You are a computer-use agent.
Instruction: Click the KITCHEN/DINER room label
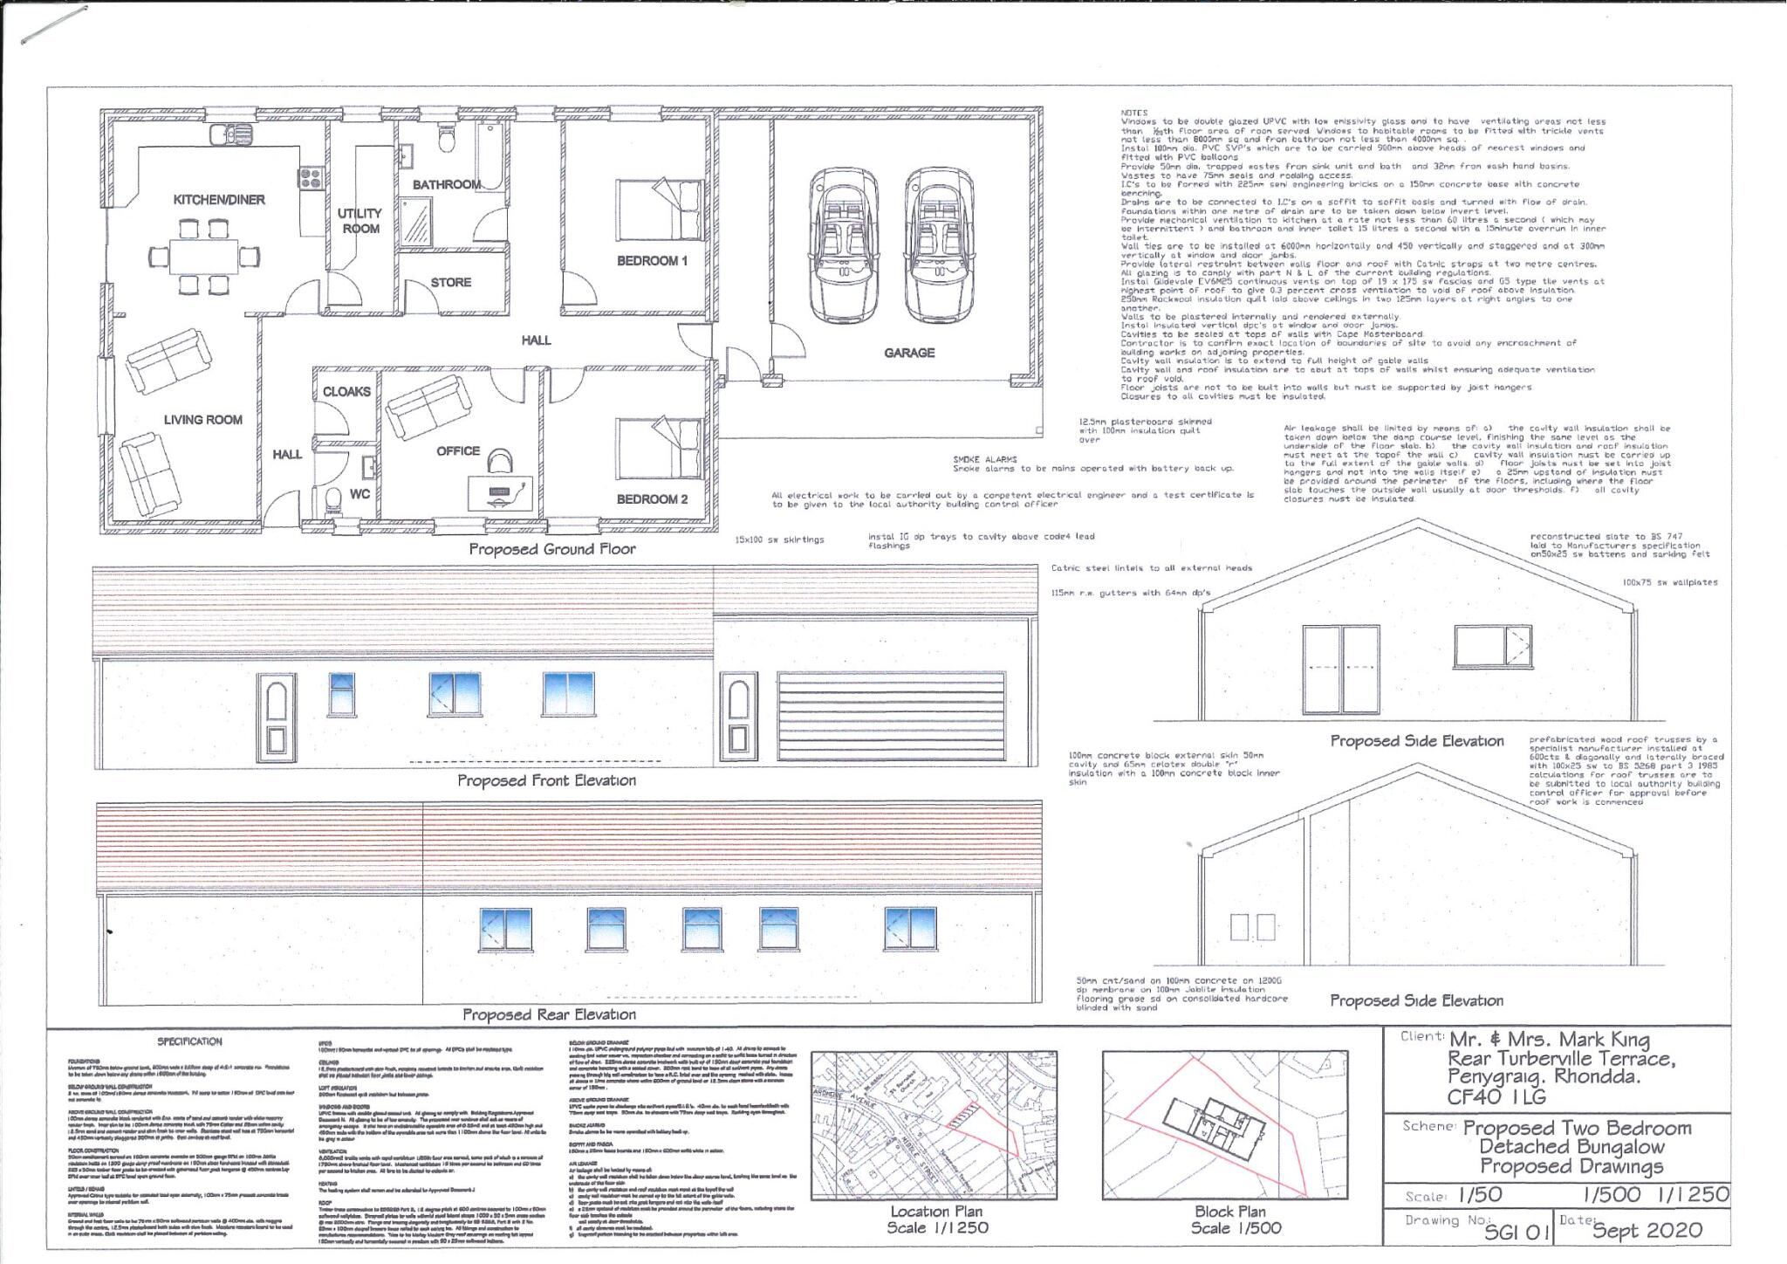point(219,200)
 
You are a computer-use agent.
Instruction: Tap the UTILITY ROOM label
point(360,221)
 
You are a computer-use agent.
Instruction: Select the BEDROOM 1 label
point(652,261)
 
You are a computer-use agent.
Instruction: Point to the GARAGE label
point(909,353)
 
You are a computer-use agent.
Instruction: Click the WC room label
point(359,494)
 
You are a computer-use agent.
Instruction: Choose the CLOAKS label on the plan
point(346,392)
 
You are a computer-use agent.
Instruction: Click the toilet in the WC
point(332,501)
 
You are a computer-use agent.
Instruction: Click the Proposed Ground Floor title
point(552,549)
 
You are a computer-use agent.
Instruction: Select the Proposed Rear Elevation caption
point(549,1014)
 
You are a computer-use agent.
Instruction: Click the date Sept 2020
point(1647,1231)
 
